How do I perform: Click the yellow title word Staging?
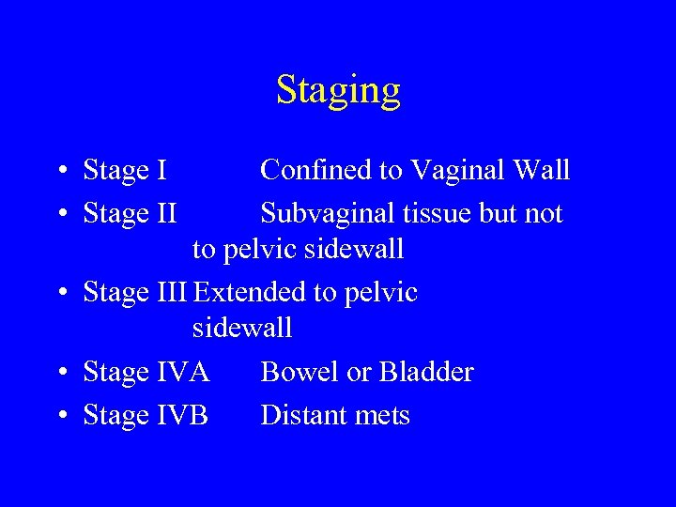[x=338, y=91]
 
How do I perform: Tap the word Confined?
[x=316, y=170]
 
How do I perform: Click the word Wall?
[x=543, y=170]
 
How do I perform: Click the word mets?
[x=383, y=415]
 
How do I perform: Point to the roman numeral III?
[x=172, y=293]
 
